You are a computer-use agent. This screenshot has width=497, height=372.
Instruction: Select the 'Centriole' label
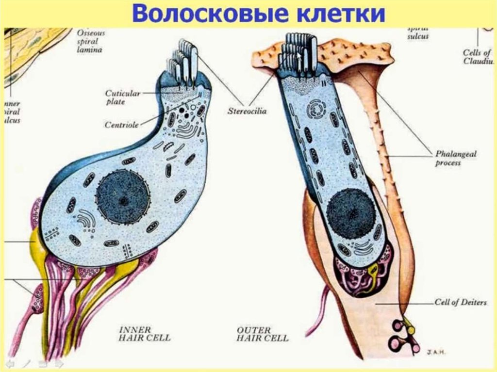[122, 125]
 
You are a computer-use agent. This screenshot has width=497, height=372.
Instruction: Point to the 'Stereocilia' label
[247, 111]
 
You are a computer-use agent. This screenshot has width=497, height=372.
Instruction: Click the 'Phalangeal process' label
[455, 159]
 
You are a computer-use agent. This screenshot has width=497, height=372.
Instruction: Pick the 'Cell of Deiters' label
[460, 303]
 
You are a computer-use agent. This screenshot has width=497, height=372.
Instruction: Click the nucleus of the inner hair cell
[122, 196]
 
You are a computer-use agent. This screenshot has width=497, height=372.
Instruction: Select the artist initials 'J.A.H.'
[436, 352]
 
